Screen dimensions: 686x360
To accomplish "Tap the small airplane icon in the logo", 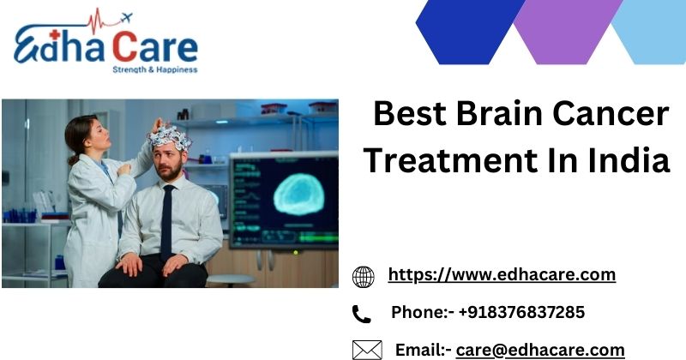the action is (x=126, y=18).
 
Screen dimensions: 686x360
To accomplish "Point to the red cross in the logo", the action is (x=54, y=34).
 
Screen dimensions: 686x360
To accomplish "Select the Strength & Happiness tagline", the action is (x=155, y=69).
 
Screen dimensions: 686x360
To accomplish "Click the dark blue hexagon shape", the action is (x=470, y=32).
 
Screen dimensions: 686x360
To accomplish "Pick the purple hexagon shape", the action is (x=568, y=32).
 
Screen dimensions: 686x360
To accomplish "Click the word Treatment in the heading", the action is (x=451, y=160).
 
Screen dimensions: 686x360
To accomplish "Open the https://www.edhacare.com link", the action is (x=502, y=275).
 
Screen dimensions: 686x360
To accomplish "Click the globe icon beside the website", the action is (x=363, y=277).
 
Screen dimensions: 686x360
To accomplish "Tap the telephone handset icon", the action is (x=361, y=314).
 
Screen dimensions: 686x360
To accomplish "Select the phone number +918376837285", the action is (x=521, y=312).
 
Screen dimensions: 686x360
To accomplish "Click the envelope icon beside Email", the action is (x=367, y=351).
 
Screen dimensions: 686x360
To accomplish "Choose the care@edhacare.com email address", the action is (x=540, y=351).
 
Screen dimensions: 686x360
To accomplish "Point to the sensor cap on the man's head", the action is (x=170, y=137).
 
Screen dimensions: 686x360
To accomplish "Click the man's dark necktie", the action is (x=166, y=221).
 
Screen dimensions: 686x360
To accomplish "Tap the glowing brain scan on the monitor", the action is (x=298, y=195).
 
